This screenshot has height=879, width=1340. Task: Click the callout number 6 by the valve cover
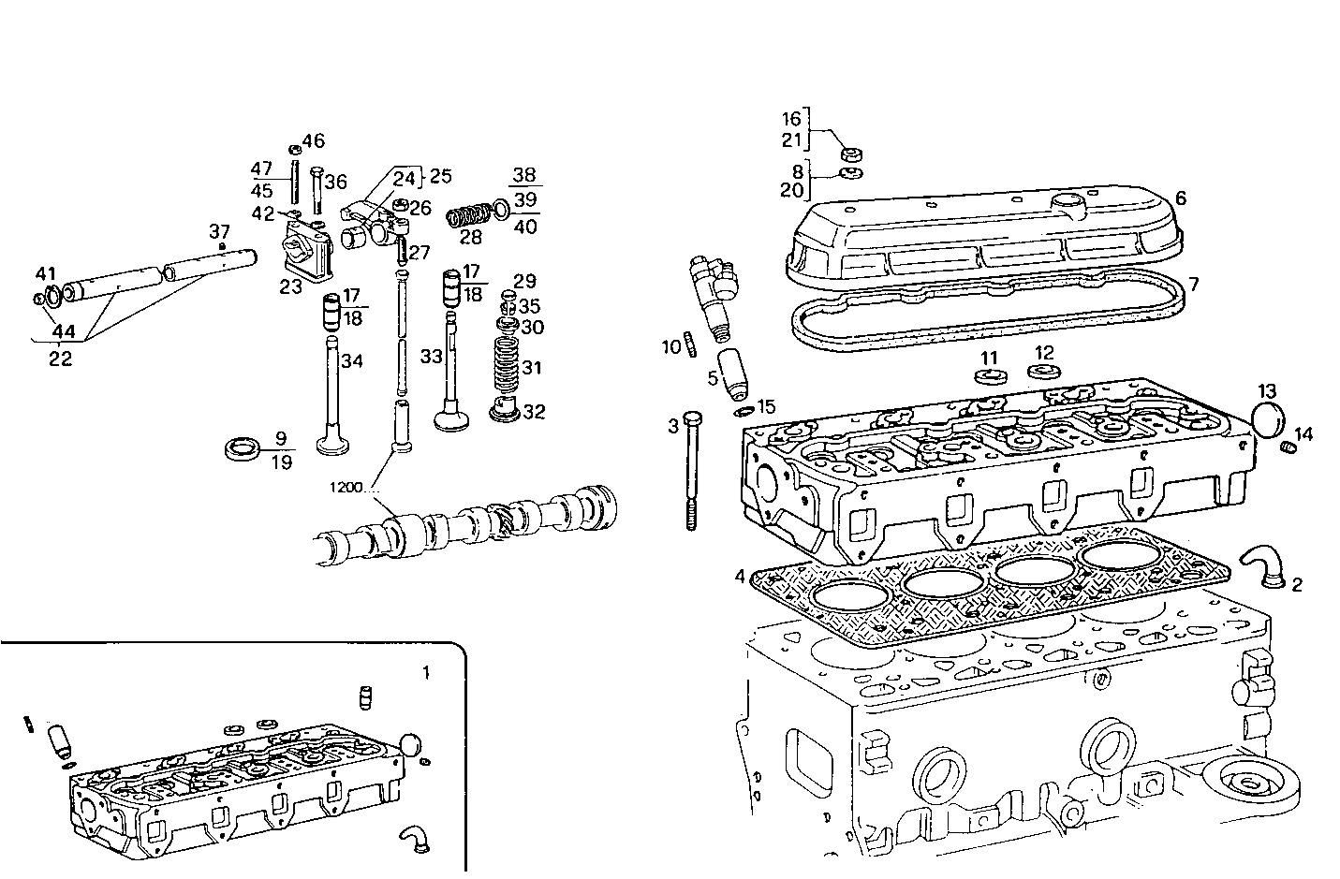coord(1181,198)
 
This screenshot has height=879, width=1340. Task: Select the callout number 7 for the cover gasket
coord(1193,284)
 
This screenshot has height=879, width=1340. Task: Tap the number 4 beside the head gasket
coord(740,577)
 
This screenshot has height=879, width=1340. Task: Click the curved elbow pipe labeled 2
coord(1259,565)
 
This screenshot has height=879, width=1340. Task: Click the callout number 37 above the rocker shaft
coord(219,230)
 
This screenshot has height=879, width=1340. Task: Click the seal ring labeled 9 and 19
coord(246,448)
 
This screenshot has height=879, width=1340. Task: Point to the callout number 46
coord(313,141)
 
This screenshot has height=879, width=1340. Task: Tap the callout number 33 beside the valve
coord(431,357)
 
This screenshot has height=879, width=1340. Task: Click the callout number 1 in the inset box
coord(426,672)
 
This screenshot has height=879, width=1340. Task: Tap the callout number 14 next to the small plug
coord(1304,434)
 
